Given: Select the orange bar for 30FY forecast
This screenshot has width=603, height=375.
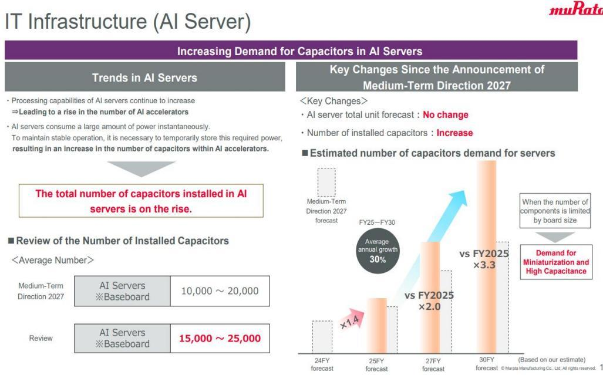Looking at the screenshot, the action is [487, 256].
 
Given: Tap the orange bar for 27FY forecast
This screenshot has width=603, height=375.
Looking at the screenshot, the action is [430, 298].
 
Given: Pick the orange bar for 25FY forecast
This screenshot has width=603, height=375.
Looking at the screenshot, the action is [377, 326].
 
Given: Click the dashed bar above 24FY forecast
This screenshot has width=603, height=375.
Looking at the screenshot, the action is [322, 337].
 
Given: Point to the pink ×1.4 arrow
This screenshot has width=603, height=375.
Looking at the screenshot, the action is [352, 319].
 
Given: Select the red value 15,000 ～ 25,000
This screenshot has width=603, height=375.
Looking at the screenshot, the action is [220, 339].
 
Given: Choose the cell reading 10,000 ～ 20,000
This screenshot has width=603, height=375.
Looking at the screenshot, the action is [220, 291].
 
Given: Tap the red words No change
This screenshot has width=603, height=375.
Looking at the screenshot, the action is [445, 115].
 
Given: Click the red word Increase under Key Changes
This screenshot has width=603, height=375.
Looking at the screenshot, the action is [454, 133].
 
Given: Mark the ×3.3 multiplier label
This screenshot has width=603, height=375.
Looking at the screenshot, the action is [484, 265].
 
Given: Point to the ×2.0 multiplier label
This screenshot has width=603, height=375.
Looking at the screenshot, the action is [429, 306].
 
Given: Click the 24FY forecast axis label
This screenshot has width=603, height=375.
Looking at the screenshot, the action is [322, 364].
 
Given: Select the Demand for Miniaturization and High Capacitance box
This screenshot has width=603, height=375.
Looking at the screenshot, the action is [556, 262].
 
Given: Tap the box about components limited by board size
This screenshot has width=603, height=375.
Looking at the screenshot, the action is [555, 211].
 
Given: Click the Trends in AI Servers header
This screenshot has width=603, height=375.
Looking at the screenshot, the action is [144, 77].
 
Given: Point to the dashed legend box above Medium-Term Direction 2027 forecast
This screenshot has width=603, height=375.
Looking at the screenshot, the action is [326, 183].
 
